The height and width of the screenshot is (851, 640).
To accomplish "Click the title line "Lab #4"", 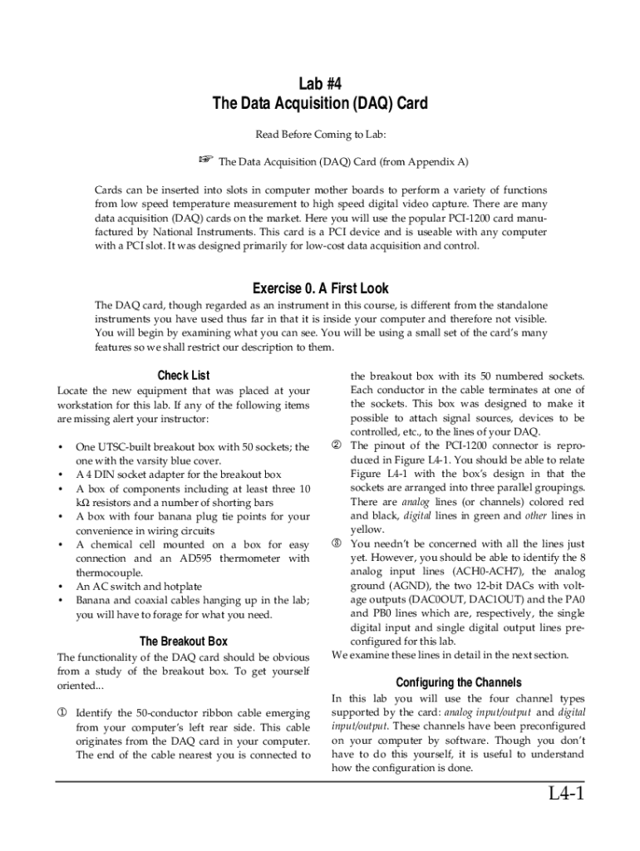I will [x=320, y=83].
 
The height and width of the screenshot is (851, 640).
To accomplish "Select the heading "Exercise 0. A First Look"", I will [x=320, y=288].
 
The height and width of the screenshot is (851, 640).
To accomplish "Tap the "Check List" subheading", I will [x=184, y=375].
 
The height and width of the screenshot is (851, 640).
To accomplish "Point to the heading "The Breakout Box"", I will [x=184, y=641].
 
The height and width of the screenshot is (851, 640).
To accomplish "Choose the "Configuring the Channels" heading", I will [x=458, y=681].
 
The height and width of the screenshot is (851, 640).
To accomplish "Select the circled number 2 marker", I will [x=337, y=445].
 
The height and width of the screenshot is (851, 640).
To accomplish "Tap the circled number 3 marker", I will [x=337, y=544].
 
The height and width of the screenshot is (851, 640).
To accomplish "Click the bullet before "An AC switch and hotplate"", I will [x=62, y=587].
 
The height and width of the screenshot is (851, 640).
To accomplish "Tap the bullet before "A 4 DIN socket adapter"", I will [x=62, y=474].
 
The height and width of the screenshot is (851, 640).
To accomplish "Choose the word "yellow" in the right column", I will [x=367, y=529].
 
